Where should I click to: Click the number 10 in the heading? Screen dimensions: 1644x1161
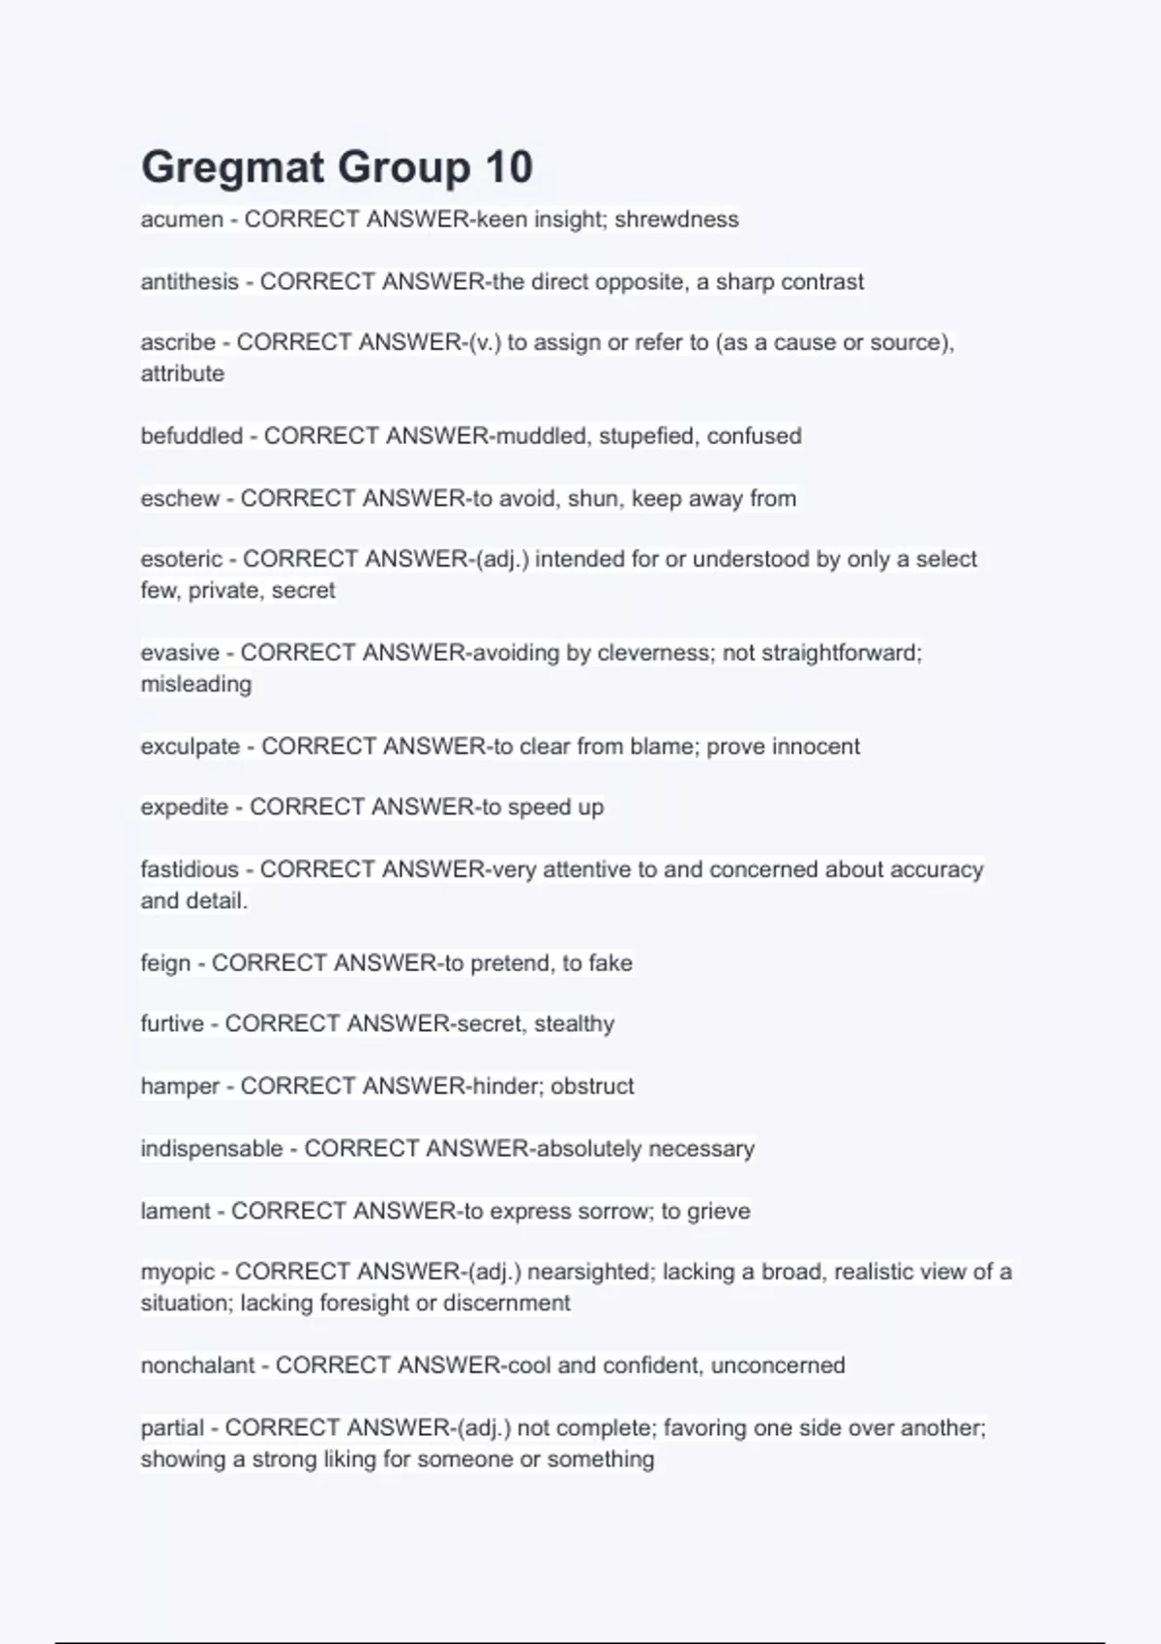[509, 167]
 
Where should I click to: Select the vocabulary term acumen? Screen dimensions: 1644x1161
[182, 220]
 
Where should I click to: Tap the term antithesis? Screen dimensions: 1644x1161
[190, 282]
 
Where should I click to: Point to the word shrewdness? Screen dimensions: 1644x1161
[676, 220]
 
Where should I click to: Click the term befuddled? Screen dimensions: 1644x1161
[192, 436]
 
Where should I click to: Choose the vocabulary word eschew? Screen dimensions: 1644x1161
[180, 499]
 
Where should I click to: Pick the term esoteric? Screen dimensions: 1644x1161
[182, 559]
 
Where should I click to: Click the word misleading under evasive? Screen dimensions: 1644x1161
[196, 684]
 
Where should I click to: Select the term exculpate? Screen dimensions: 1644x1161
[191, 747]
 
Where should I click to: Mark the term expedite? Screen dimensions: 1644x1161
[185, 807]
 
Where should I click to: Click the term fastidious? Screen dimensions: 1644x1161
[190, 869]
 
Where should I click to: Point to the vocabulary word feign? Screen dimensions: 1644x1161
[165, 963]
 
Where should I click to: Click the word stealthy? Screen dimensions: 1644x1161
[574, 1024]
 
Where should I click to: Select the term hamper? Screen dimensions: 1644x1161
[180, 1087]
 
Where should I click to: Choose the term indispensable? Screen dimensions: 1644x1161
[212, 1149]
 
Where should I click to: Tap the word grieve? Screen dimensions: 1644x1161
[718, 1212]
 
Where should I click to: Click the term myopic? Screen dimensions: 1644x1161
[177, 1272]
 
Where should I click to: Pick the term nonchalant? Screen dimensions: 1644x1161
[197, 1365]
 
